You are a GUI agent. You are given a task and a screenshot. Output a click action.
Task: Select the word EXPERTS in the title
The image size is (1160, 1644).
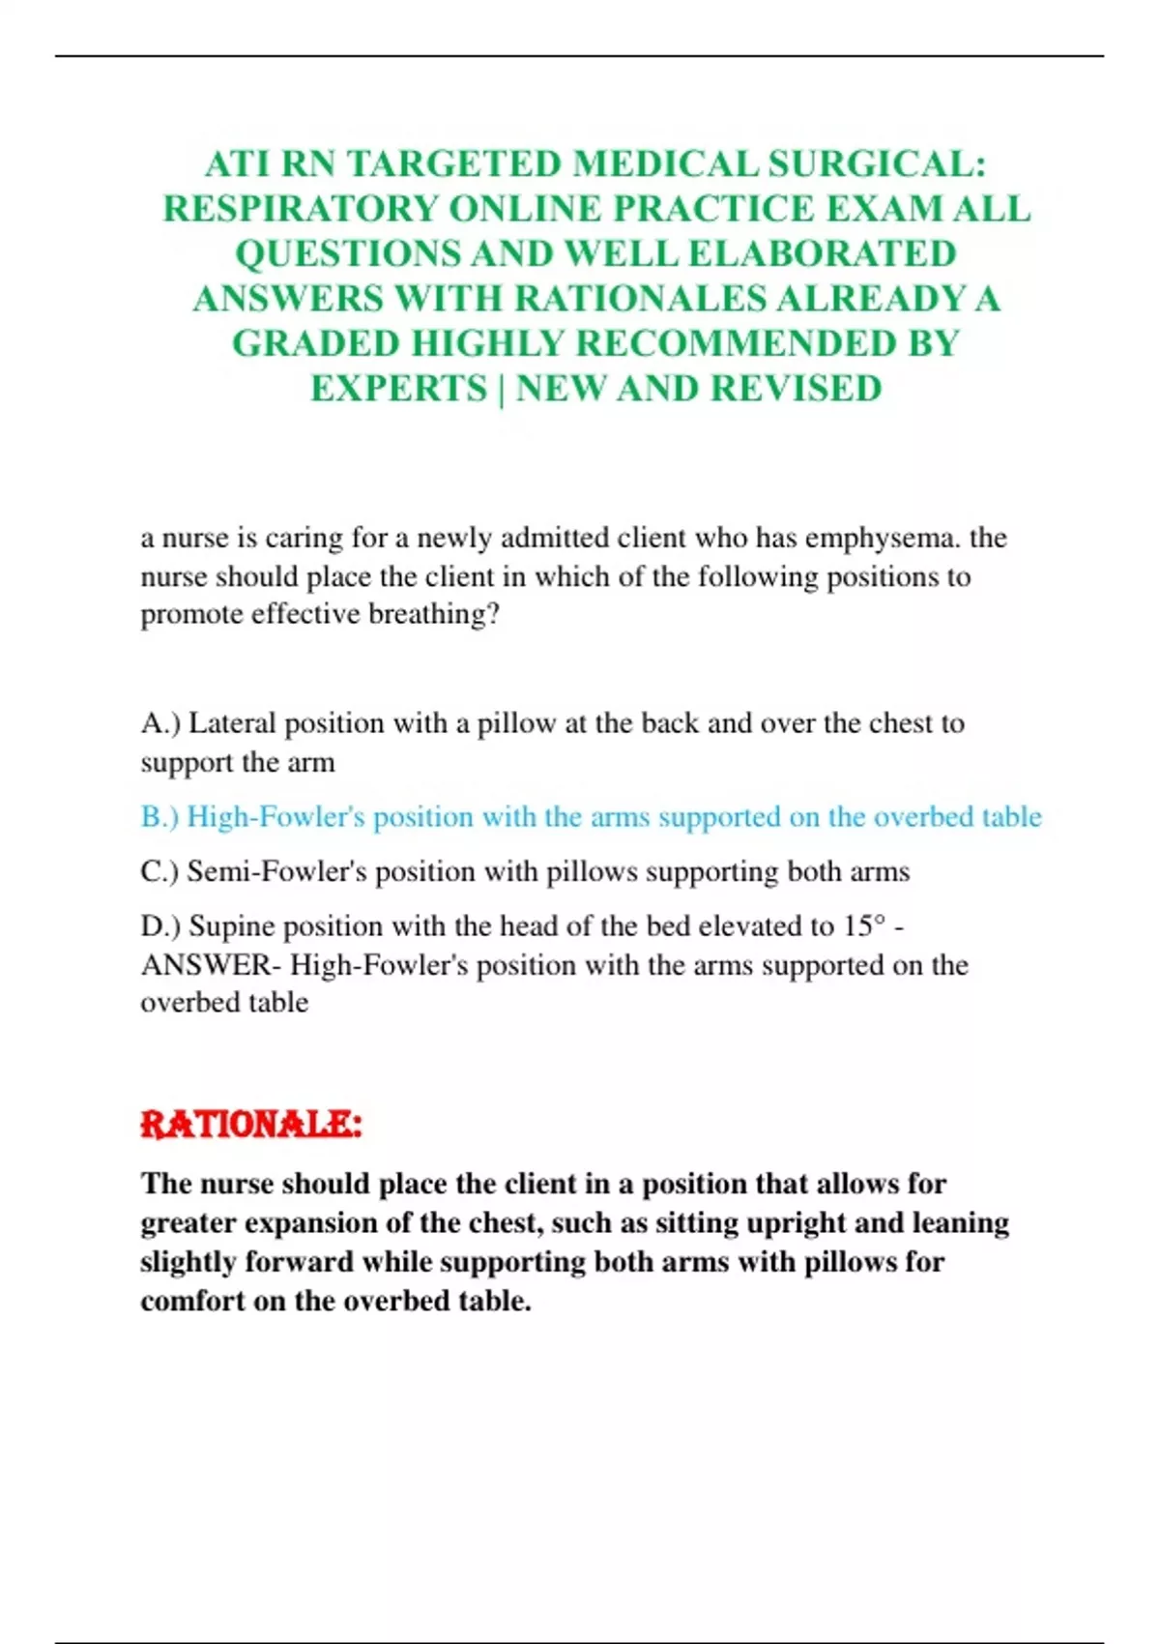coord(398,389)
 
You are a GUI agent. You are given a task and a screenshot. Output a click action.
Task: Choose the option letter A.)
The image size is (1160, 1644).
coord(160,723)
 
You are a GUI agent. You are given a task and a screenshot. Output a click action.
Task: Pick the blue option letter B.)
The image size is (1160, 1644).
coord(159,817)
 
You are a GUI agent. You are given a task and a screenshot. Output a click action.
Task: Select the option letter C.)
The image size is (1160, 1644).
coord(159,871)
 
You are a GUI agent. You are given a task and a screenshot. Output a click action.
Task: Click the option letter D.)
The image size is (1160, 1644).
coord(160,926)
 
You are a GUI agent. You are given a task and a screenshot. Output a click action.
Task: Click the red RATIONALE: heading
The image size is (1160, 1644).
coord(251,1125)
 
